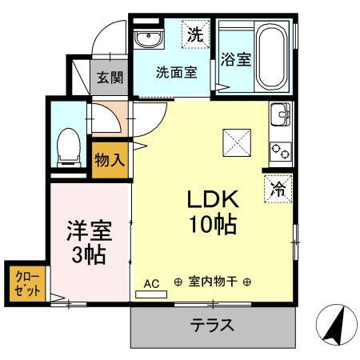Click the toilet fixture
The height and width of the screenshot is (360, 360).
pos(69,147)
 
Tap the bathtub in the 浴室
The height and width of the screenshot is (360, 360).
pos(271,56)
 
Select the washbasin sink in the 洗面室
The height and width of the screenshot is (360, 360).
pos(149,39)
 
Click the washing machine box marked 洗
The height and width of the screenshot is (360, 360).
pos(195,34)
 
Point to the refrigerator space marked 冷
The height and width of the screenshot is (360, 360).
pos(278,190)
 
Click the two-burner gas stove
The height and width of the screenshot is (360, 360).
pos(281,151)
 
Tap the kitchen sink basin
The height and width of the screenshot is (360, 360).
pos(281,114)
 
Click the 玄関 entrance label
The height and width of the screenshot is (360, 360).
pos(110,78)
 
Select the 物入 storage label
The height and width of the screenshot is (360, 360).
pos(110,160)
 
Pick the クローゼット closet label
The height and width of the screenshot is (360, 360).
pos(27,284)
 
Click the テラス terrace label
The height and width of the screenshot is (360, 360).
pos(212,326)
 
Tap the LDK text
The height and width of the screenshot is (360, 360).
pos(213,199)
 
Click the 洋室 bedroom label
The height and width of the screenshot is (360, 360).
pos(90,231)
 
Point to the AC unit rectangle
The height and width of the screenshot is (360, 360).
pos(151,294)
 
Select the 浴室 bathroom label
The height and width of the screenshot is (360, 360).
pos(236,59)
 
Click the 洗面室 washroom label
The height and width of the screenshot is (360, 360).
pos(177,72)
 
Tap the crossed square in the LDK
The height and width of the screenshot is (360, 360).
pos(237,142)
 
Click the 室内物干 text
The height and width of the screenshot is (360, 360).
pos(213,282)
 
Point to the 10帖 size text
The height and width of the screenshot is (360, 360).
pos(213,225)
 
